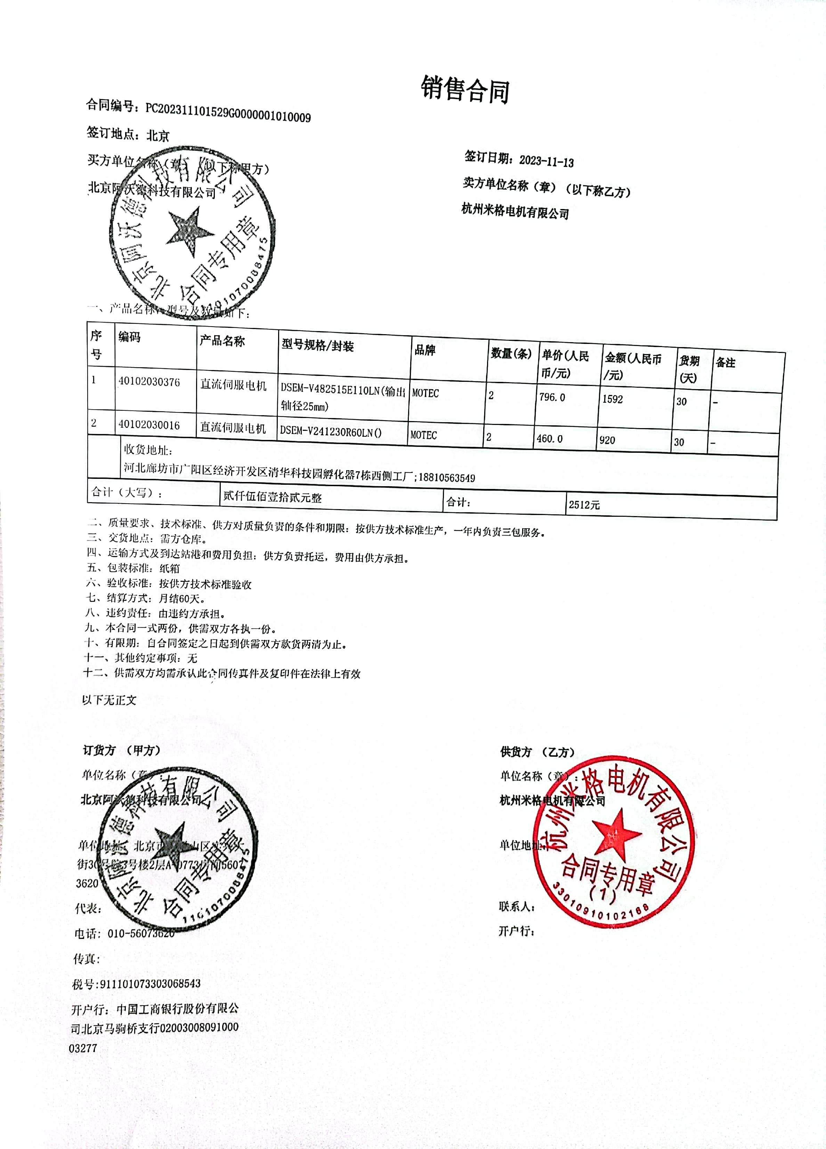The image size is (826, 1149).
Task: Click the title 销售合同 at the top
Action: tap(465, 90)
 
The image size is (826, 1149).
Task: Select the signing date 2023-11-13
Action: tap(546, 161)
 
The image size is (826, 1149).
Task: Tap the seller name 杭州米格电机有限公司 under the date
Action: tap(515, 211)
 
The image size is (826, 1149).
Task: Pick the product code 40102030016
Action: tap(149, 425)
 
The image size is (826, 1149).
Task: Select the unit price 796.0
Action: tap(552, 397)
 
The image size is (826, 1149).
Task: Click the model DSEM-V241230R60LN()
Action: tap(331, 432)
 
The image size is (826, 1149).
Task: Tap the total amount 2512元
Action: tap(584, 505)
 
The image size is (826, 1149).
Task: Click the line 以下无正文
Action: tap(110, 700)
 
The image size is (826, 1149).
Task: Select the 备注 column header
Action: tap(725, 363)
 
